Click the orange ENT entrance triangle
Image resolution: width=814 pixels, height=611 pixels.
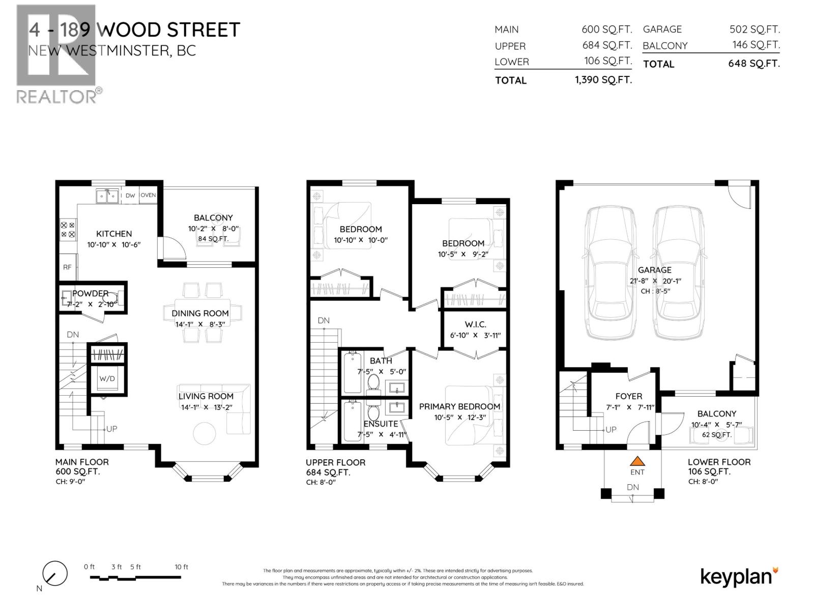click(637, 461)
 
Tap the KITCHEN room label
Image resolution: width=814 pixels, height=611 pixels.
click(114, 234)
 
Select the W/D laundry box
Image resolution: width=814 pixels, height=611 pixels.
click(107, 379)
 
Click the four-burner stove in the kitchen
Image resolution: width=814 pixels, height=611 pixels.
click(68, 230)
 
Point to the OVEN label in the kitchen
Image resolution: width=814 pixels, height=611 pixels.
click(148, 195)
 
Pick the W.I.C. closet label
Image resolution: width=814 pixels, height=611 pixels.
click(475, 324)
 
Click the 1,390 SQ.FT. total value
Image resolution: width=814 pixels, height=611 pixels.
click(603, 80)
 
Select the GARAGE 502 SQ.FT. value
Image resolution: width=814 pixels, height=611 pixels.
click(754, 30)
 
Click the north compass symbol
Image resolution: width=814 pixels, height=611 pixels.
click(54, 574)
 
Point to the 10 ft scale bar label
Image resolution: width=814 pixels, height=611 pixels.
click(181, 567)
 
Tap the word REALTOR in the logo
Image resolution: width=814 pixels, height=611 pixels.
click(56, 96)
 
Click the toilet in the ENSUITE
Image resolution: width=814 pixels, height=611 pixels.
click(374, 412)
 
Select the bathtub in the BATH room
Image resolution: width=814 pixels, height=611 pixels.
click(351, 372)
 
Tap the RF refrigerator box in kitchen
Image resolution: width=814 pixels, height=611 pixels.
click(67, 267)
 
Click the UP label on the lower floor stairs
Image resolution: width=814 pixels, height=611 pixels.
click(611, 429)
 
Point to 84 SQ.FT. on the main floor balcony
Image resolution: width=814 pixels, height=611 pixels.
click(213, 238)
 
